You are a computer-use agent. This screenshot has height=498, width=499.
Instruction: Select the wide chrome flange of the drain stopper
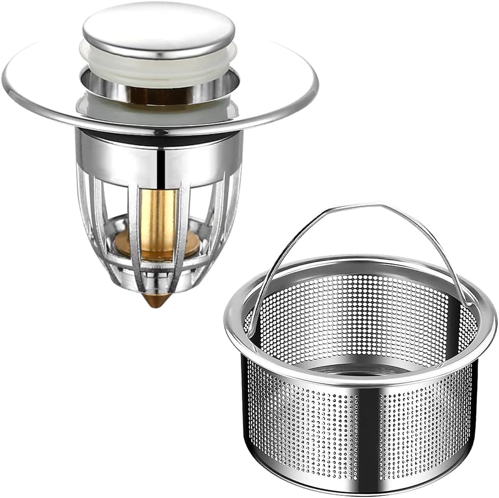tap(46, 97)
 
